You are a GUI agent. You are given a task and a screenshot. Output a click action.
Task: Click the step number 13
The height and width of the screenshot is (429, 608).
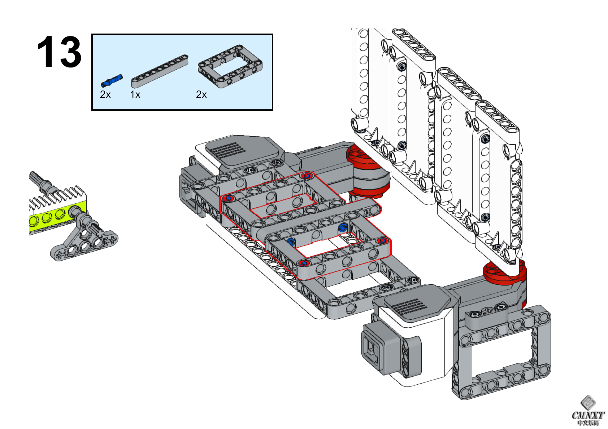(x=59, y=52)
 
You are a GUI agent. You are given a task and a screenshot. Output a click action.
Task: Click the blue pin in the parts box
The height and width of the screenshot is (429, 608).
(x=112, y=81)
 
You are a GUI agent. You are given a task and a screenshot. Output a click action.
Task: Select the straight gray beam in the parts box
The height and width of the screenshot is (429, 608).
(x=160, y=71)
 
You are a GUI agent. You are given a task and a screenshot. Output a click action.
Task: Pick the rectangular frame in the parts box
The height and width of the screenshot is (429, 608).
(x=230, y=66)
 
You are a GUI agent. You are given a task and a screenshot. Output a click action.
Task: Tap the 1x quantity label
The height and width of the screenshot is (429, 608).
(x=135, y=94)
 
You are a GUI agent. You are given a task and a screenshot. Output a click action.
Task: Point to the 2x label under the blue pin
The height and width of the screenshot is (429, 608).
(x=105, y=94)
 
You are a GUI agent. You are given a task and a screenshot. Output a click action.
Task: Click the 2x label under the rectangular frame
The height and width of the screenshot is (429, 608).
(x=201, y=94)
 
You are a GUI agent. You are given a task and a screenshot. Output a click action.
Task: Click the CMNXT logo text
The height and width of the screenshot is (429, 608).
(x=588, y=415)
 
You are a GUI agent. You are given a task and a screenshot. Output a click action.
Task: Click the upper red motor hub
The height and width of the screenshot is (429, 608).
(x=365, y=159)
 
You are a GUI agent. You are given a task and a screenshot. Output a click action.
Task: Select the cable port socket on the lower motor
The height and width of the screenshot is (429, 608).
(x=372, y=350)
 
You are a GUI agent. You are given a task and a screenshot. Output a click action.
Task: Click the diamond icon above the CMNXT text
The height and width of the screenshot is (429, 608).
(x=588, y=402)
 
